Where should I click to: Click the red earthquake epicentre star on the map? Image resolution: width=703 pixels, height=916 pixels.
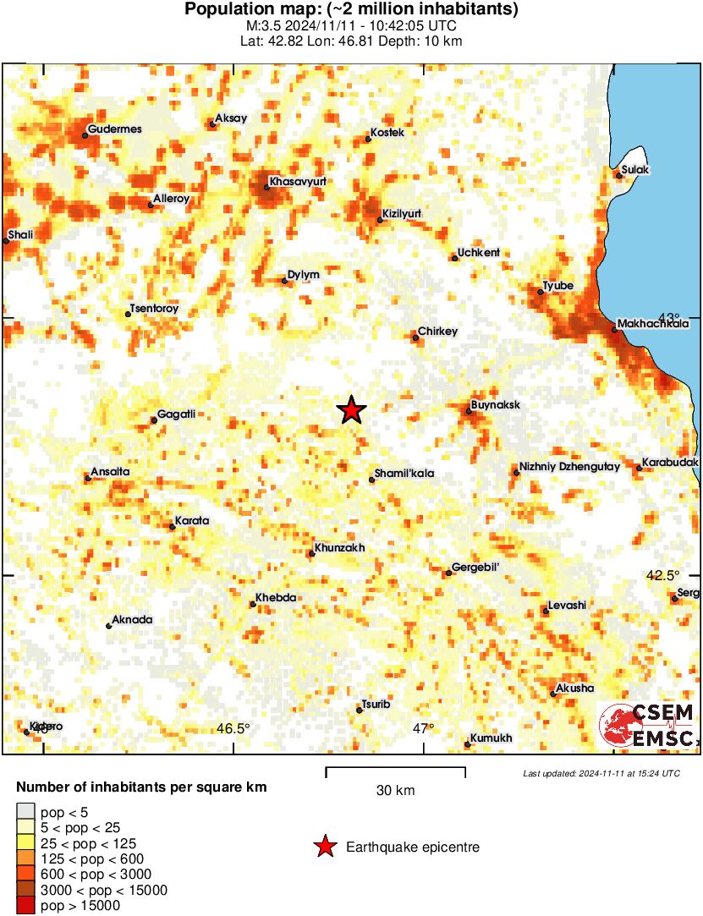click(x=351, y=410)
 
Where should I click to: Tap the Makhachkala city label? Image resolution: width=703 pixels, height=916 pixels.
click(x=653, y=323)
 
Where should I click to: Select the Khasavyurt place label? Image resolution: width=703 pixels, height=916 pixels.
click(x=298, y=181)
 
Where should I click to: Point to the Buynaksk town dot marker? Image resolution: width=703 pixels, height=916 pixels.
click(x=469, y=412)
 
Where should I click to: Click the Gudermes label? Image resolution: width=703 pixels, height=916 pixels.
click(x=114, y=129)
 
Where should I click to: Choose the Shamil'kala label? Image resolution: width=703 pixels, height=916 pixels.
click(x=404, y=474)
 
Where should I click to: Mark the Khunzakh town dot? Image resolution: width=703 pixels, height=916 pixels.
click(x=310, y=554)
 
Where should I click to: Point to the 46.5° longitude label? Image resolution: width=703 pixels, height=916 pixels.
click(x=233, y=728)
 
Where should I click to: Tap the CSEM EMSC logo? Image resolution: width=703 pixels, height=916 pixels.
click(x=649, y=725)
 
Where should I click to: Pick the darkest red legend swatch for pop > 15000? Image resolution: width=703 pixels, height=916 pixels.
click(x=26, y=905)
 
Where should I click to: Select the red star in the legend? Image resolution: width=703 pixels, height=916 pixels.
click(x=325, y=846)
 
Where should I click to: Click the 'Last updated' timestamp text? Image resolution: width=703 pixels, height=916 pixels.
click(x=601, y=773)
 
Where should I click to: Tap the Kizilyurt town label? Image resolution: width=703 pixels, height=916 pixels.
click(x=402, y=213)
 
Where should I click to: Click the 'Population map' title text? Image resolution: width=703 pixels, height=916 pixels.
click(x=351, y=10)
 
